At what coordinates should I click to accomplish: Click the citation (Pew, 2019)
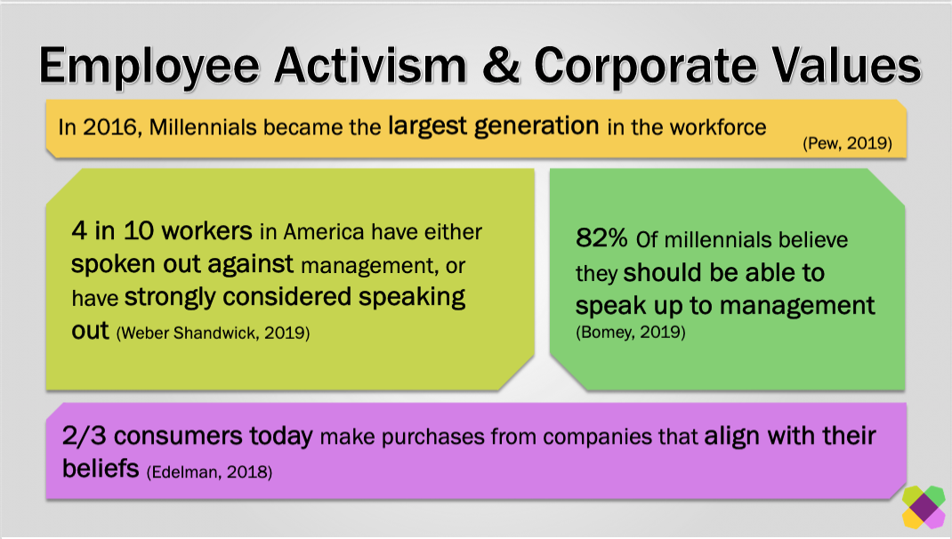(x=847, y=143)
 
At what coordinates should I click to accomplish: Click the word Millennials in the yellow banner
(x=203, y=127)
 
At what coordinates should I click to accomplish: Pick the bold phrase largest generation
(x=494, y=126)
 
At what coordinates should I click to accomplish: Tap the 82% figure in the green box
(x=601, y=238)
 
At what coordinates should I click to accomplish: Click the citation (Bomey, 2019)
(x=630, y=332)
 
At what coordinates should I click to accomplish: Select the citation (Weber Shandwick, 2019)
(x=213, y=334)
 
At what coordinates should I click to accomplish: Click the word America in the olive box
(x=323, y=232)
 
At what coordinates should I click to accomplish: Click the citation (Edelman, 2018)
(x=209, y=472)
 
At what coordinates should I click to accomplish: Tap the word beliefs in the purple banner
(x=101, y=469)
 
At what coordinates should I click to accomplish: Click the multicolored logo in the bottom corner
(x=924, y=507)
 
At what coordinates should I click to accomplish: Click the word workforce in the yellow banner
(x=718, y=127)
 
